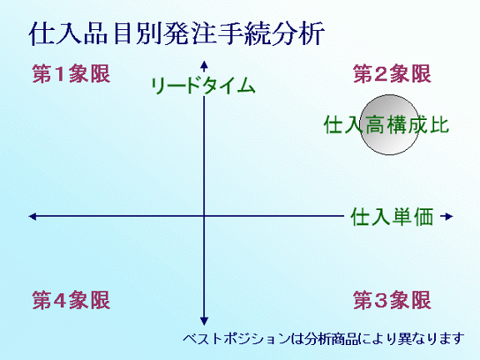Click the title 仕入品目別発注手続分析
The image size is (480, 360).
pyautogui.click(x=177, y=33)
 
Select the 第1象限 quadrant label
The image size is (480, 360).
pyautogui.click(x=72, y=74)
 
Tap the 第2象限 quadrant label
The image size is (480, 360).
pyautogui.click(x=392, y=74)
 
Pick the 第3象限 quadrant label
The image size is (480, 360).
pyautogui.click(x=392, y=300)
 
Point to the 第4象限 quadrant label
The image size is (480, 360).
pyautogui.click(x=72, y=300)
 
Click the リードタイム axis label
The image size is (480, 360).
pyautogui.click(x=203, y=85)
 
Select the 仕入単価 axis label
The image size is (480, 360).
pyautogui.click(x=392, y=217)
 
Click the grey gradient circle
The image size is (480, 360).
pyautogui.click(x=389, y=125)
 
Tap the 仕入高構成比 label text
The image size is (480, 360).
pyautogui.click(x=387, y=125)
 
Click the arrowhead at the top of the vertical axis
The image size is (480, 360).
pyautogui.click(x=204, y=64)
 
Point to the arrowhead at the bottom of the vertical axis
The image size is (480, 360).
pyautogui.click(x=204, y=321)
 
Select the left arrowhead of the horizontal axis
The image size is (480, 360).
pyautogui.click(x=32, y=217)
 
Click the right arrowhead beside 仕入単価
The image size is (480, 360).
pyautogui.click(x=448, y=217)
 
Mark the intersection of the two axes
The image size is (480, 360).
pyautogui.click(x=204, y=216)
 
